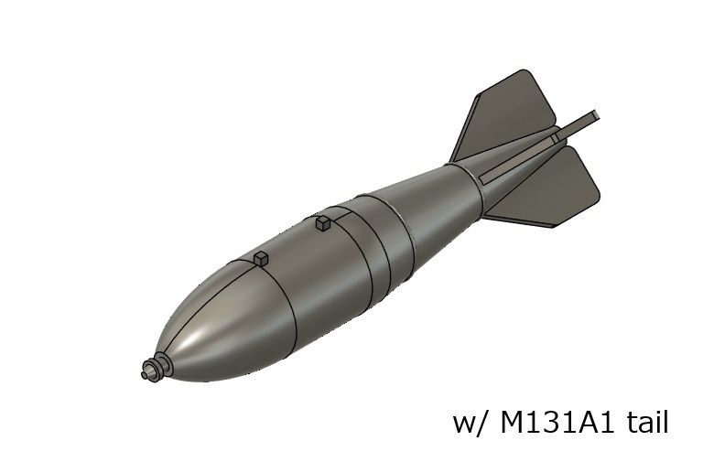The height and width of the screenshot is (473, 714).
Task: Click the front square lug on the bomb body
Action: click(x=261, y=258)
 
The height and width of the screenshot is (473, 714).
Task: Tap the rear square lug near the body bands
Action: click(x=322, y=222)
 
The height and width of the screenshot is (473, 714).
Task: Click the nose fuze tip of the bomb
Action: click(x=146, y=372)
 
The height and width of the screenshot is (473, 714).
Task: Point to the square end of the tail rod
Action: click(x=595, y=116)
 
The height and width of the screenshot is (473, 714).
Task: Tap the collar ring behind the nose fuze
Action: click(x=161, y=364)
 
